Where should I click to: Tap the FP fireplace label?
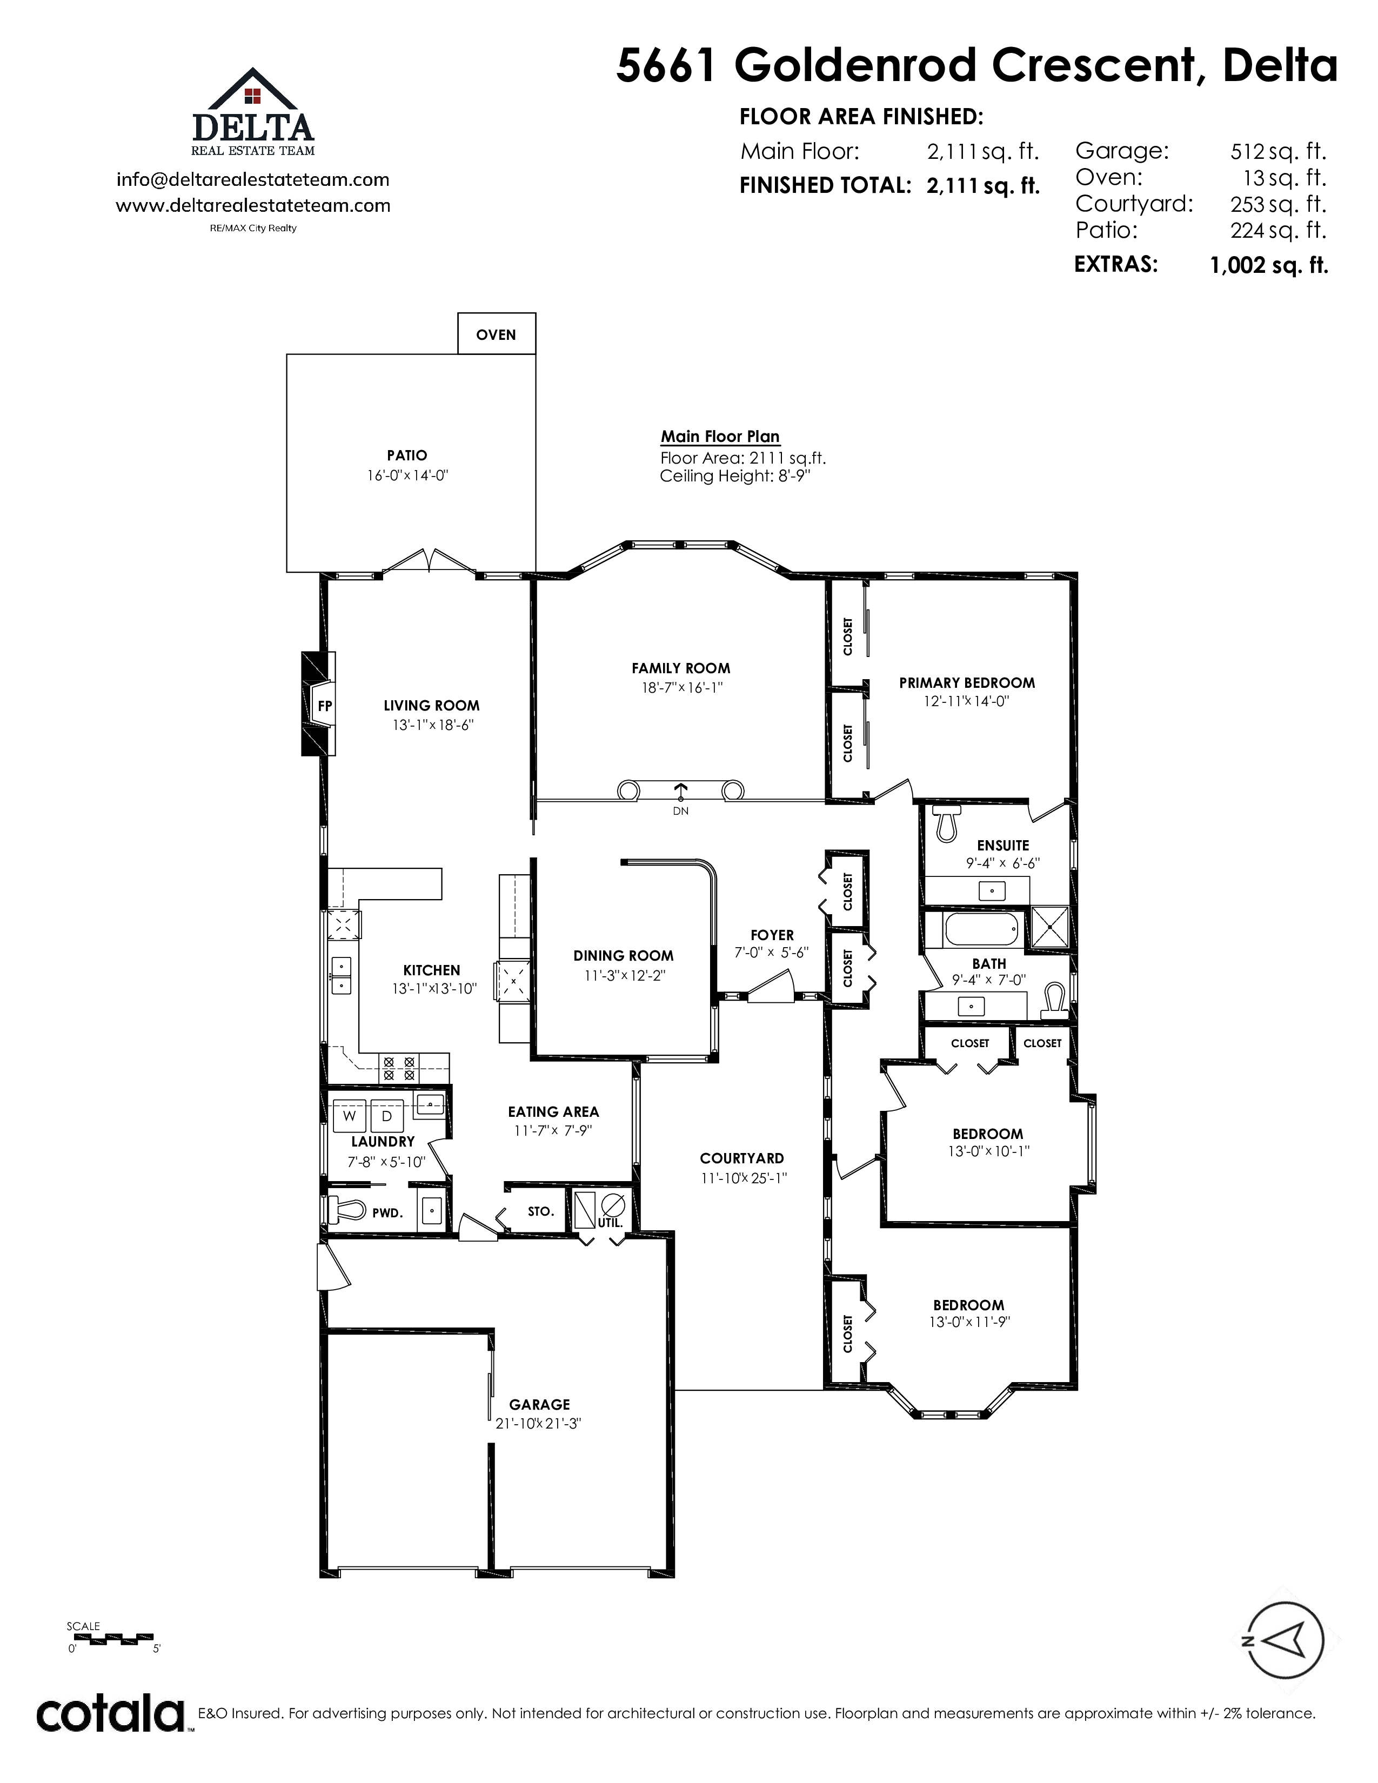[x=325, y=706]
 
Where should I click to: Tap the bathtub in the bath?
[x=980, y=929]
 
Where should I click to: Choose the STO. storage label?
[x=540, y=1211]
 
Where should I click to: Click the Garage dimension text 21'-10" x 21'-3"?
[x=539, y=1423]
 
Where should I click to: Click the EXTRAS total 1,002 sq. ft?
[x=1269, y=265]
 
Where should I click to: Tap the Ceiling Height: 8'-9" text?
[x=735, y=476]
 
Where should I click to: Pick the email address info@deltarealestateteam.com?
[x=253, y=179]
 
